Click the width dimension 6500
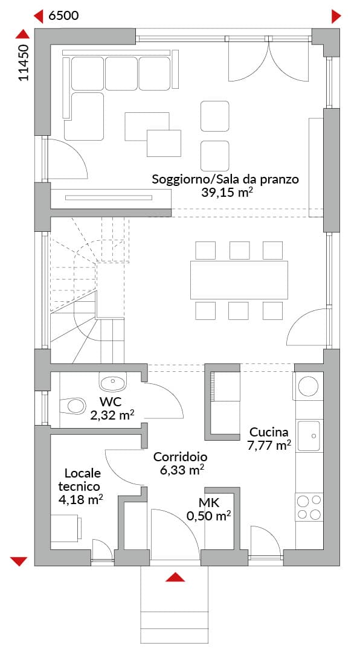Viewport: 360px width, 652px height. pyautogui.click(x=63, y=16)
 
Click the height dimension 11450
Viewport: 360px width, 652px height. pyautogui.click(x=24, y=63)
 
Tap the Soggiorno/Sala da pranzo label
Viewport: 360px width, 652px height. pyautogui.click(x=225, y=180)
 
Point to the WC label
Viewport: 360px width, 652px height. pyautogui.click(x=111, y=403)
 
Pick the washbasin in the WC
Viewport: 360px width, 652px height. pyautogui.click(x=113, y=382)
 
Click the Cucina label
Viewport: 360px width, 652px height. pyautogui.click(x=268, y=431)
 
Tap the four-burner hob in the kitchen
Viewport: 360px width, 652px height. pyautogui.click(x=309, y=507)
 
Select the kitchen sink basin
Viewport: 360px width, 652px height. pyautogui.click(x=309, y=436)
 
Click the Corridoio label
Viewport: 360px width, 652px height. pyautogui.click(x=180, y=457)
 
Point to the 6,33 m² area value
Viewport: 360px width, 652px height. pyautogui.click(x=182, y=470)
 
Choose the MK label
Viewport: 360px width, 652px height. pyautogui.click(x=209, y=503)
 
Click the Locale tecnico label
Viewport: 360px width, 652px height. pyautogui.click(x=81, y=480)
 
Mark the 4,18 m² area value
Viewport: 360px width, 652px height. pyautogui.click(x=81, y=499)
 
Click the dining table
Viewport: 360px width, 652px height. pyautogui.click(x=239, y=280)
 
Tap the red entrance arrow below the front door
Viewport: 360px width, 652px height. pyautogui.click(x=175, y=577)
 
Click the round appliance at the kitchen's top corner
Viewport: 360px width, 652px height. pyautogui.click(x=309, y=386)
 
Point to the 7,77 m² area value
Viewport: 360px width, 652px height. pyautogui.click(x=269, y=446)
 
